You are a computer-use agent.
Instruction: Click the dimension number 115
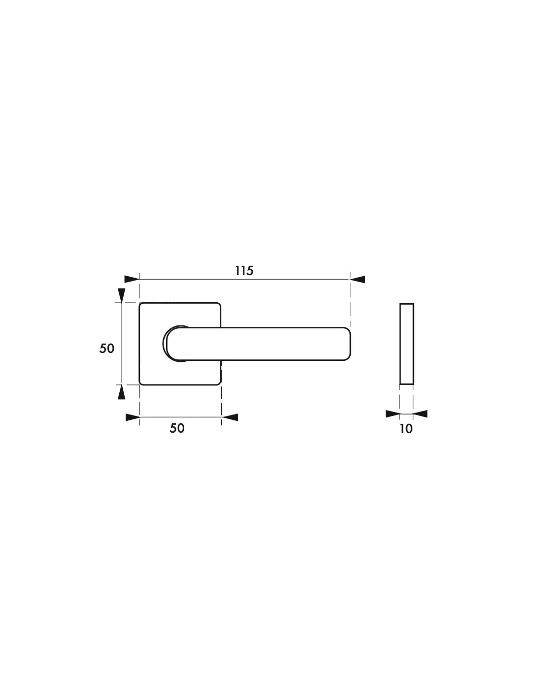(244, 271)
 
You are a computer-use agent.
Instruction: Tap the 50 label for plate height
(107, 348)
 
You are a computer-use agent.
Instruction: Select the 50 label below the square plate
(177, 428)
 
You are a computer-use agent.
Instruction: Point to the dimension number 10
(406, 429)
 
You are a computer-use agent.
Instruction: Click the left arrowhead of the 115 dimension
(132, 279)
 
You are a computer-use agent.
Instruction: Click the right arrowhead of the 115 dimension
(358, 279)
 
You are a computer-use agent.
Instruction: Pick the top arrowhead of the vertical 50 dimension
(122, 295)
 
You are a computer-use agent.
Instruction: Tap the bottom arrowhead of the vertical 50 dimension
(122, 392)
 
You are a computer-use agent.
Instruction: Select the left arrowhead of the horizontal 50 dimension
(133, 417)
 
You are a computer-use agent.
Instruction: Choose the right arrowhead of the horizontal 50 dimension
(230, 417)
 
